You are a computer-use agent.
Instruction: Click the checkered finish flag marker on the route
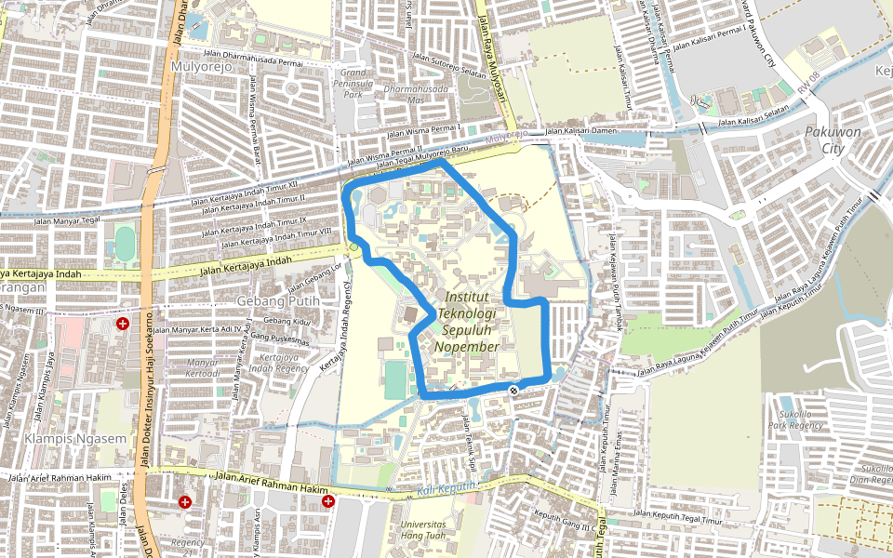coord(513,389)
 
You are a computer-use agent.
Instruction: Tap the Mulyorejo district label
coord(198,67)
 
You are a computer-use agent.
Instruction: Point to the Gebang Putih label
coord(278,300)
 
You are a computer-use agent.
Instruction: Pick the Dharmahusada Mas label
coord(416,94)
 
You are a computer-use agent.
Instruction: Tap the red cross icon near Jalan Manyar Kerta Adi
coord(122,324)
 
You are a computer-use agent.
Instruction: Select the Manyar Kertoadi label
coord(203,367)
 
